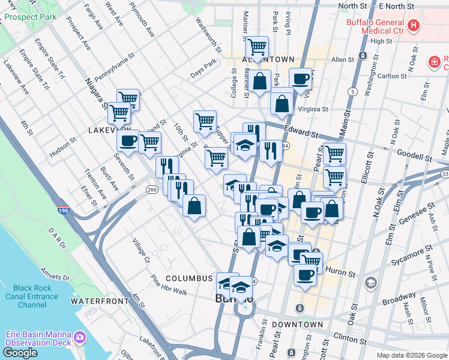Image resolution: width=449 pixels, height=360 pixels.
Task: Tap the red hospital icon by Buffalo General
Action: [413, 26]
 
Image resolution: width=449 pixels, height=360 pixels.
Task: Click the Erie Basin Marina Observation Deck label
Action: [39, 338]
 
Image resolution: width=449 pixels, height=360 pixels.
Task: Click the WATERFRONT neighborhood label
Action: [100, 301]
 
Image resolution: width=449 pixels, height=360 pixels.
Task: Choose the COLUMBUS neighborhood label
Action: [190, 278]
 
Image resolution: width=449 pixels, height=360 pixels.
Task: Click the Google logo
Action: [20, 353]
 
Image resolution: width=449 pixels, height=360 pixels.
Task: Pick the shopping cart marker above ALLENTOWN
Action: [257, 46]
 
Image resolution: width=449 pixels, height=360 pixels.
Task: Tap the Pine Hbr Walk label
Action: [169, 285]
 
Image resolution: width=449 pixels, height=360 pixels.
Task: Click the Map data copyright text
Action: [412, 355]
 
